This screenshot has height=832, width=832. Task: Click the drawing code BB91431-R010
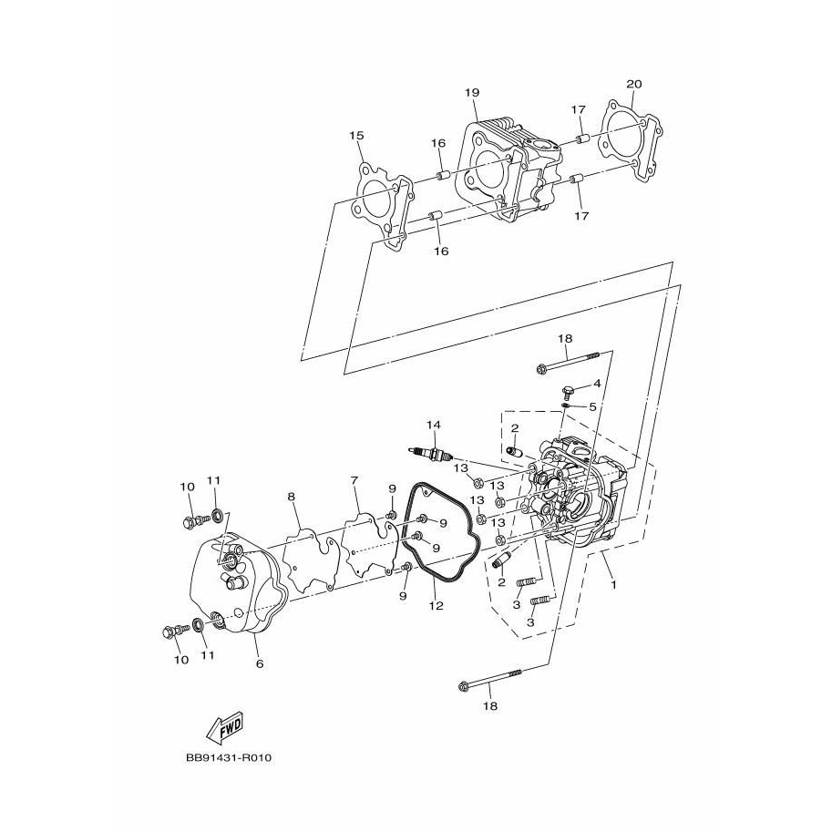pyautogui.click(x=229, y=757)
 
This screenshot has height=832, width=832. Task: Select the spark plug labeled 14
pyautogui.click(x=430, y=453)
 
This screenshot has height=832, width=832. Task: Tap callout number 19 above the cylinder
pyautogui.click(x=472, y=92)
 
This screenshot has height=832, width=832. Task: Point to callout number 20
pyautogui.click(x=633, y=84)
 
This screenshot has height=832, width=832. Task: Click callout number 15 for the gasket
pyautogui.click(x=356, y=136)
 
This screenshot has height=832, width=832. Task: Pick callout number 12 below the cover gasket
pyautogui.click(x=437, y=605)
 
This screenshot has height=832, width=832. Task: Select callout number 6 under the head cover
pyautogui.click(x=260, y=663)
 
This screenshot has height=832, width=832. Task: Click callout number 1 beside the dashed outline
pyautogui.click(x=614, y=585)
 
